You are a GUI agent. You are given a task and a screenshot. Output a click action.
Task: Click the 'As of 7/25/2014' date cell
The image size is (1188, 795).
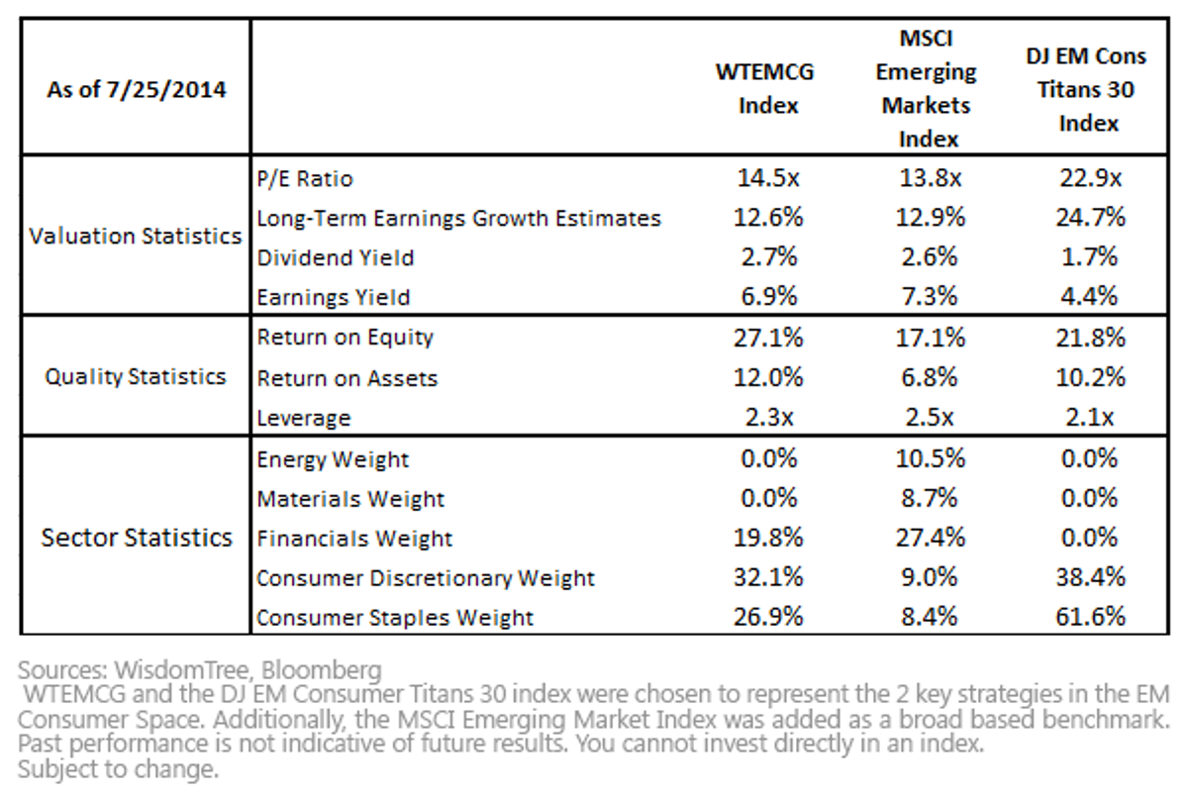click(137, 89)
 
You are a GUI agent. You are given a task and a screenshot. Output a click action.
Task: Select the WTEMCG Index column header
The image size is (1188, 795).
click(765, 88)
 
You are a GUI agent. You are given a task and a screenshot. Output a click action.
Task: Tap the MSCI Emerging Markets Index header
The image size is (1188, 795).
click(927, 88)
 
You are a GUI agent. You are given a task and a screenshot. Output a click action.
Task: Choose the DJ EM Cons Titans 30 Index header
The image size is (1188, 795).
click(1086, 89)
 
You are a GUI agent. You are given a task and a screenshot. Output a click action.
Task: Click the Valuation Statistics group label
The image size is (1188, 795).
click(136, 236)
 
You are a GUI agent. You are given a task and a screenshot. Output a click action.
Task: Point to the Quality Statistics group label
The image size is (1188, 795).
click(136, 377)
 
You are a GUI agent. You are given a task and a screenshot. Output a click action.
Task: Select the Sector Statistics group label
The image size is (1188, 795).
click(137, 538)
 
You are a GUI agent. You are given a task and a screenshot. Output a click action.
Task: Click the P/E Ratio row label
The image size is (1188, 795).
click(305, 179)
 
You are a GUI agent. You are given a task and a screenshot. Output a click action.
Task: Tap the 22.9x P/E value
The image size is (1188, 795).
click(1090, 177)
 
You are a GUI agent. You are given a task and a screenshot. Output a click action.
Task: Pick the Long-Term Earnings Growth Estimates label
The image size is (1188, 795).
click(459, 219)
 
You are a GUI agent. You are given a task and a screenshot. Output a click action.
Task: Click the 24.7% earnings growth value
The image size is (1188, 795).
click(1090, 218)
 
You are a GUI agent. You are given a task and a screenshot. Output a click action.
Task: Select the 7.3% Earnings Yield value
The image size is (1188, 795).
click(930, 296)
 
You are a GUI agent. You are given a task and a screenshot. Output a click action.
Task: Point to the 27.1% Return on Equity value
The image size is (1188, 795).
click(768, 338)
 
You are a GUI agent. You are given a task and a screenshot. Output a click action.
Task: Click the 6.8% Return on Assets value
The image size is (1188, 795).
click(930, 377)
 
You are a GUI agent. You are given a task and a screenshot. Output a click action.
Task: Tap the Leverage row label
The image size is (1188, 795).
click(304, 419)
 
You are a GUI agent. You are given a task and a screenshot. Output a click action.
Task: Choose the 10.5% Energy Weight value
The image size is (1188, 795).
click(931, 458)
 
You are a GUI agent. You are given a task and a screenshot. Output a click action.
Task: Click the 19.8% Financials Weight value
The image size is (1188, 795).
click(768, 538)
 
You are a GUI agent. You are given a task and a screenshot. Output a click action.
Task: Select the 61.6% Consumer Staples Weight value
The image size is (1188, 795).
click(1090, 617)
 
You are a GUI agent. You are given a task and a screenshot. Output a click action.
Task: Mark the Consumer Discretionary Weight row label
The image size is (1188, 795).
click(426, 578)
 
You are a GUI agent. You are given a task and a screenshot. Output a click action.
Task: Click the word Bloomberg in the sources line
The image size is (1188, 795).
click(322, 670)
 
